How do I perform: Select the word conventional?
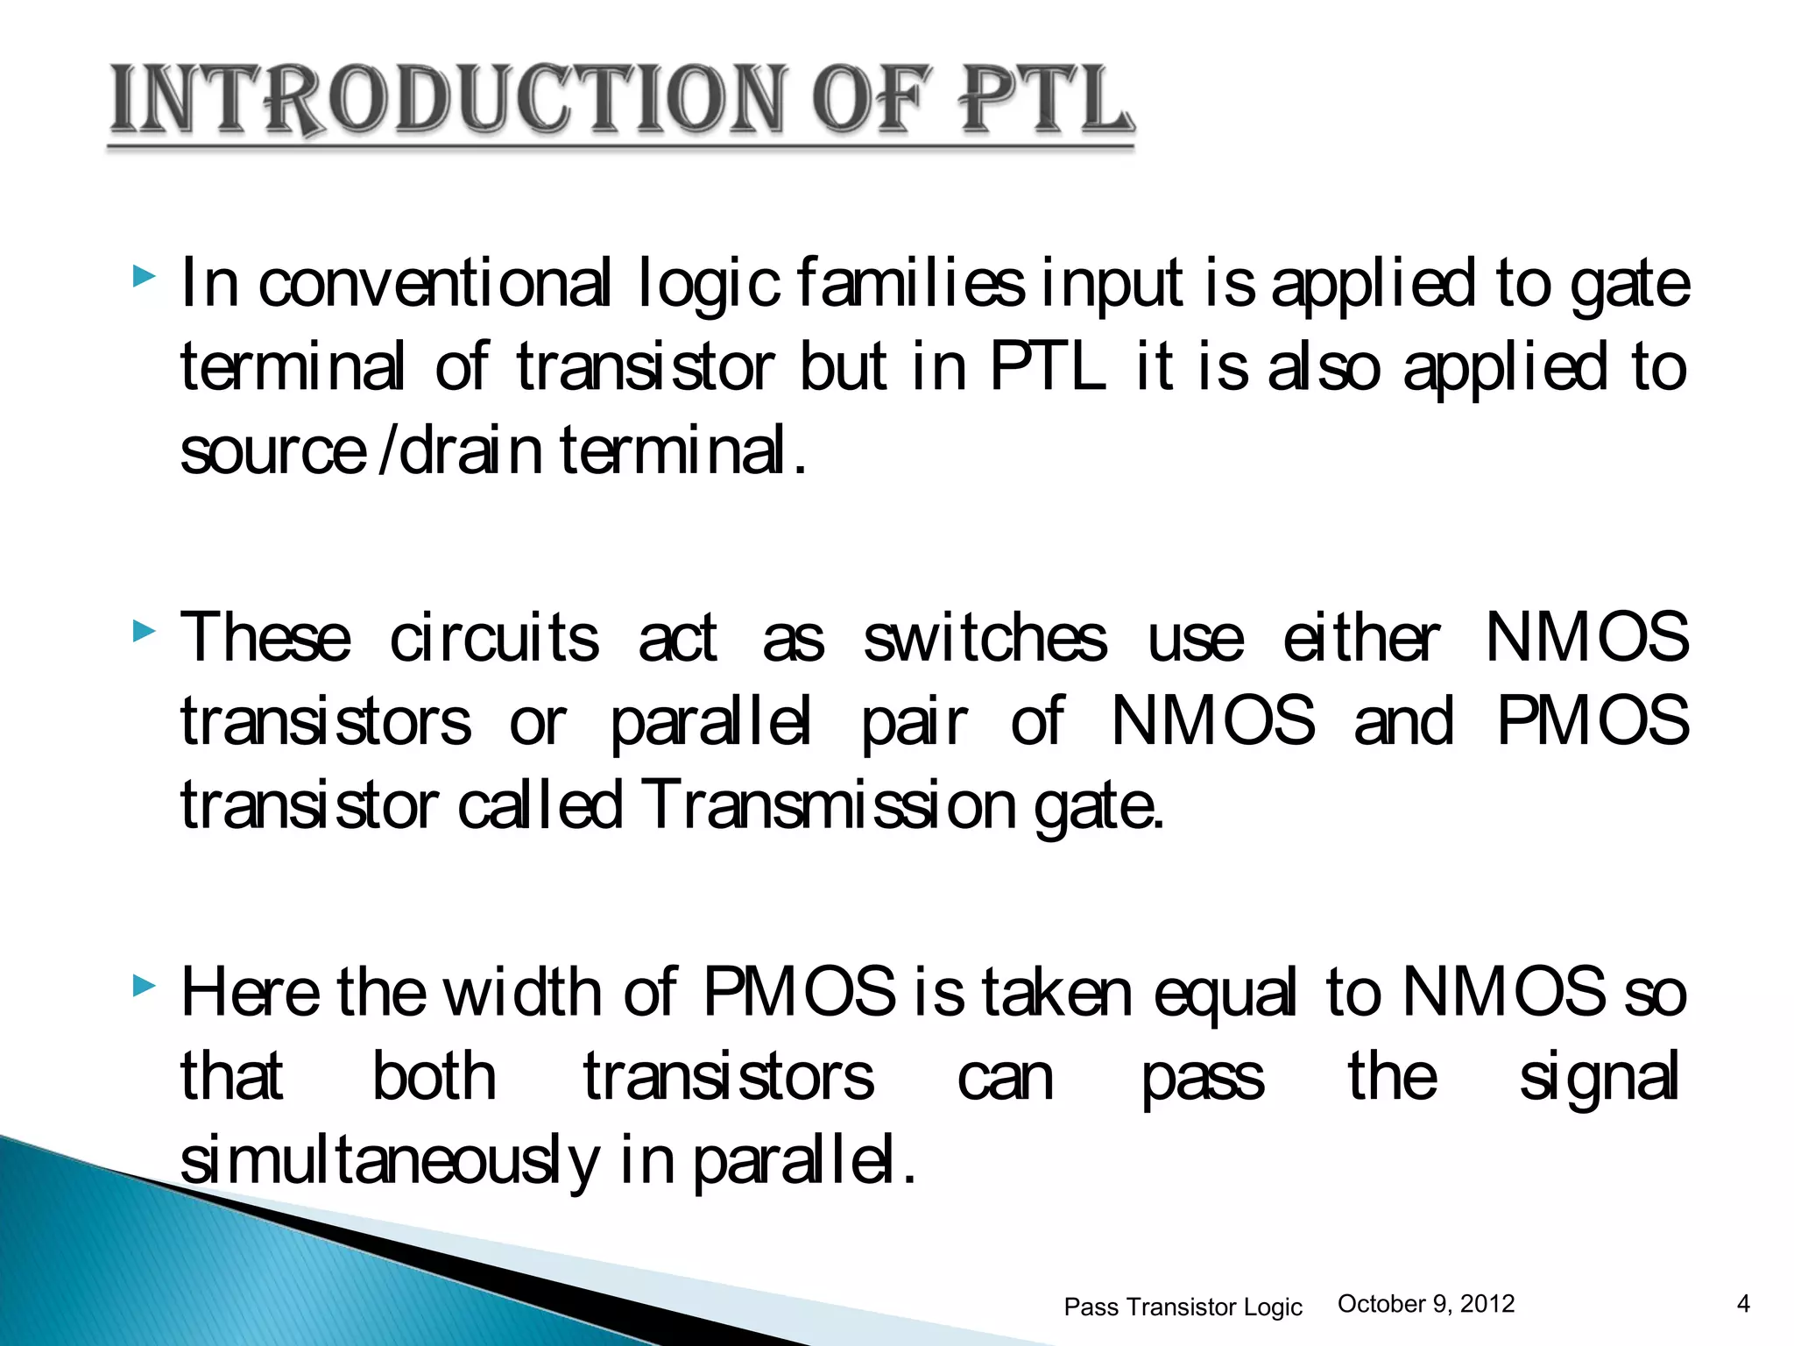pos(434,284)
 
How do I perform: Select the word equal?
pos(1225,995)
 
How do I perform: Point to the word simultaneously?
pos(389,1162)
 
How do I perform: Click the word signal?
pos(1599,1078)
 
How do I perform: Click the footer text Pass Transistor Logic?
pos(1183,1307)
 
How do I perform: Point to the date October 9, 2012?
pos(1426,1304)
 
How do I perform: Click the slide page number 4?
pos(1743,1304)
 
